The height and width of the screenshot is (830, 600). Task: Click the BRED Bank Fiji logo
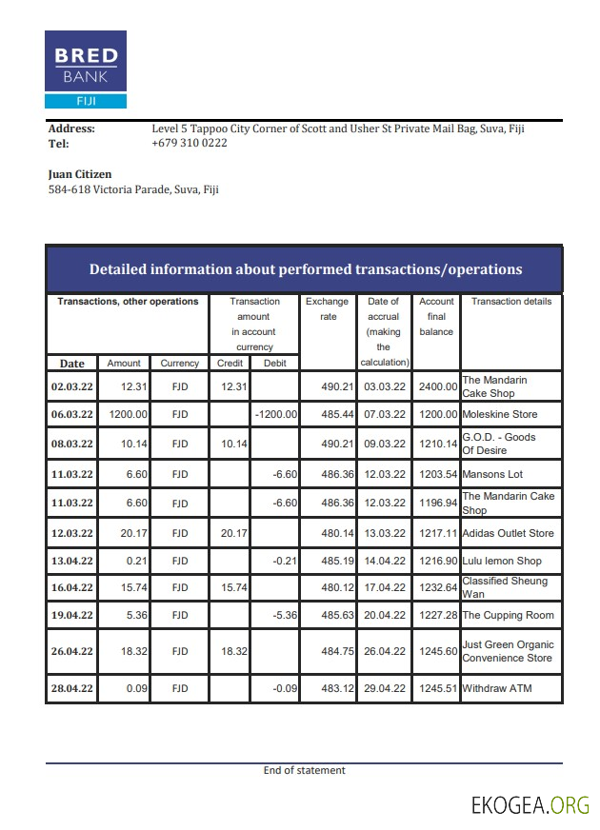[x=85, y=69]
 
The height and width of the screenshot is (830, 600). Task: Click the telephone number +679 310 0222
[x=189, y=144]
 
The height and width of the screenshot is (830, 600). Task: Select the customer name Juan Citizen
[x=80, y=174]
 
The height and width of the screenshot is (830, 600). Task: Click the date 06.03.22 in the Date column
[x=71, y=415]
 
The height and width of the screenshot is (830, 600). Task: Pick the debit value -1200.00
[x=276, y=415]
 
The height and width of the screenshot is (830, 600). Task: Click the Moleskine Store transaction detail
[x=499, y=415]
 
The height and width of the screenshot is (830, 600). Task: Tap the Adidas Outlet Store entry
[x=507, y=533]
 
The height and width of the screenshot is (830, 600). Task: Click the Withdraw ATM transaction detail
[x=496, y=688]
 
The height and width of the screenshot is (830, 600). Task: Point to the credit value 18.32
[x=233, y=651]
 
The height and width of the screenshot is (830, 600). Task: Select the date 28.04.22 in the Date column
[x=71, y=688]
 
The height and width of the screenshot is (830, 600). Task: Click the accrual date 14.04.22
[x=385, y=562]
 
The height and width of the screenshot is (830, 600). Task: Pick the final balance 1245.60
[x=438, y=651]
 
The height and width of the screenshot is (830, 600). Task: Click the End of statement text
[x=304, y=771]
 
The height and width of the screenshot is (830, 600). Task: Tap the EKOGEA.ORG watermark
[x=530, y=805]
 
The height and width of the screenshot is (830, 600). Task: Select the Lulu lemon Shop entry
[x=501, y=562]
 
